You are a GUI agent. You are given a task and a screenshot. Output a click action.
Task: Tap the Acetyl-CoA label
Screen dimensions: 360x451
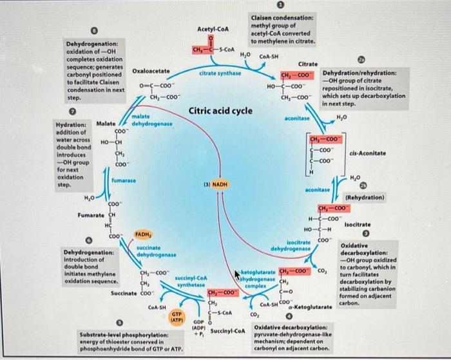[212, 28]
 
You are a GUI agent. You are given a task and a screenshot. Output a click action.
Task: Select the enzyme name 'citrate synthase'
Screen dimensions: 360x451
[220, 73]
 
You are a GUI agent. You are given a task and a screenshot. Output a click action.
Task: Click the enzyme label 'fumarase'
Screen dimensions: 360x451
[122, 181]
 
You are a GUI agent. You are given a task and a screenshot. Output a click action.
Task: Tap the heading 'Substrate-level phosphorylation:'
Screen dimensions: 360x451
[124, 335]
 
